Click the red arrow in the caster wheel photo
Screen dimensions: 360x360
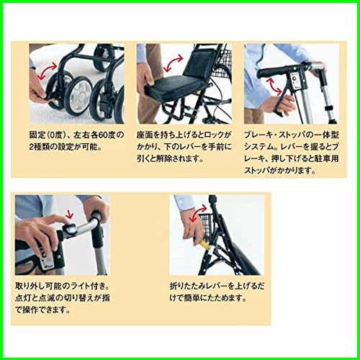click(48, 70)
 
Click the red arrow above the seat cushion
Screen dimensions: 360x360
click(174, 63)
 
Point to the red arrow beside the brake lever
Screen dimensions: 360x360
click(275, 86)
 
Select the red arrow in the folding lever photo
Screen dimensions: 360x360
click(198, 213)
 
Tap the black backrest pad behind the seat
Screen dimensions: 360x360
click(195, 64)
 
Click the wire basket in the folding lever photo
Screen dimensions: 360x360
click(207, 225)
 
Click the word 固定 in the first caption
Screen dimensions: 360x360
click(37, 135)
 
